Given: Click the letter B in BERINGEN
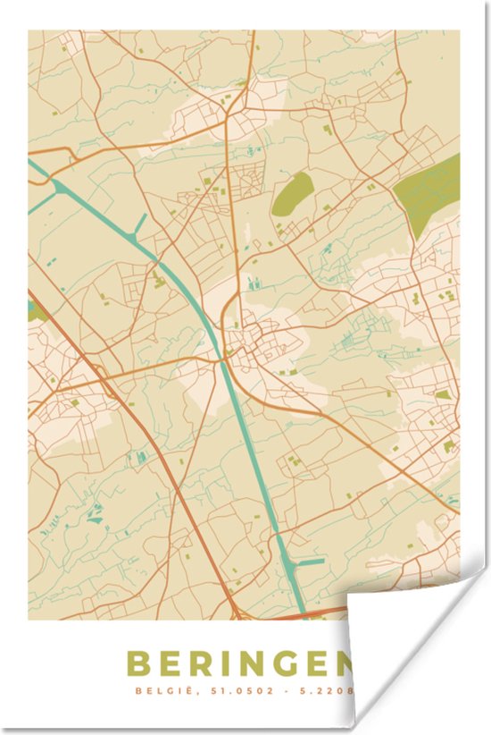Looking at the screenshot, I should [x=140, y=664].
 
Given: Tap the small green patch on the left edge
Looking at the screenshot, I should [x=35, y=311].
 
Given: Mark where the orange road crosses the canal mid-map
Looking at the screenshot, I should [x=221, y=359].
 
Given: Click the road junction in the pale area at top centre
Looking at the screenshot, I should [x=228, y=114].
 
